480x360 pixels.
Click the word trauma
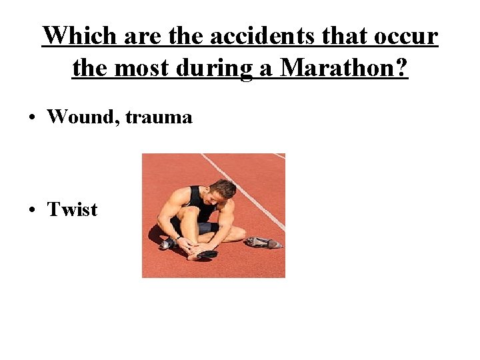[160, 118]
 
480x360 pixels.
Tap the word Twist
[72, 209]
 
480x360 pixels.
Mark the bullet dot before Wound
[31, 118]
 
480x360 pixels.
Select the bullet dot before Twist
[31, 210]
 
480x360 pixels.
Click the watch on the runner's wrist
[178, 237]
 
